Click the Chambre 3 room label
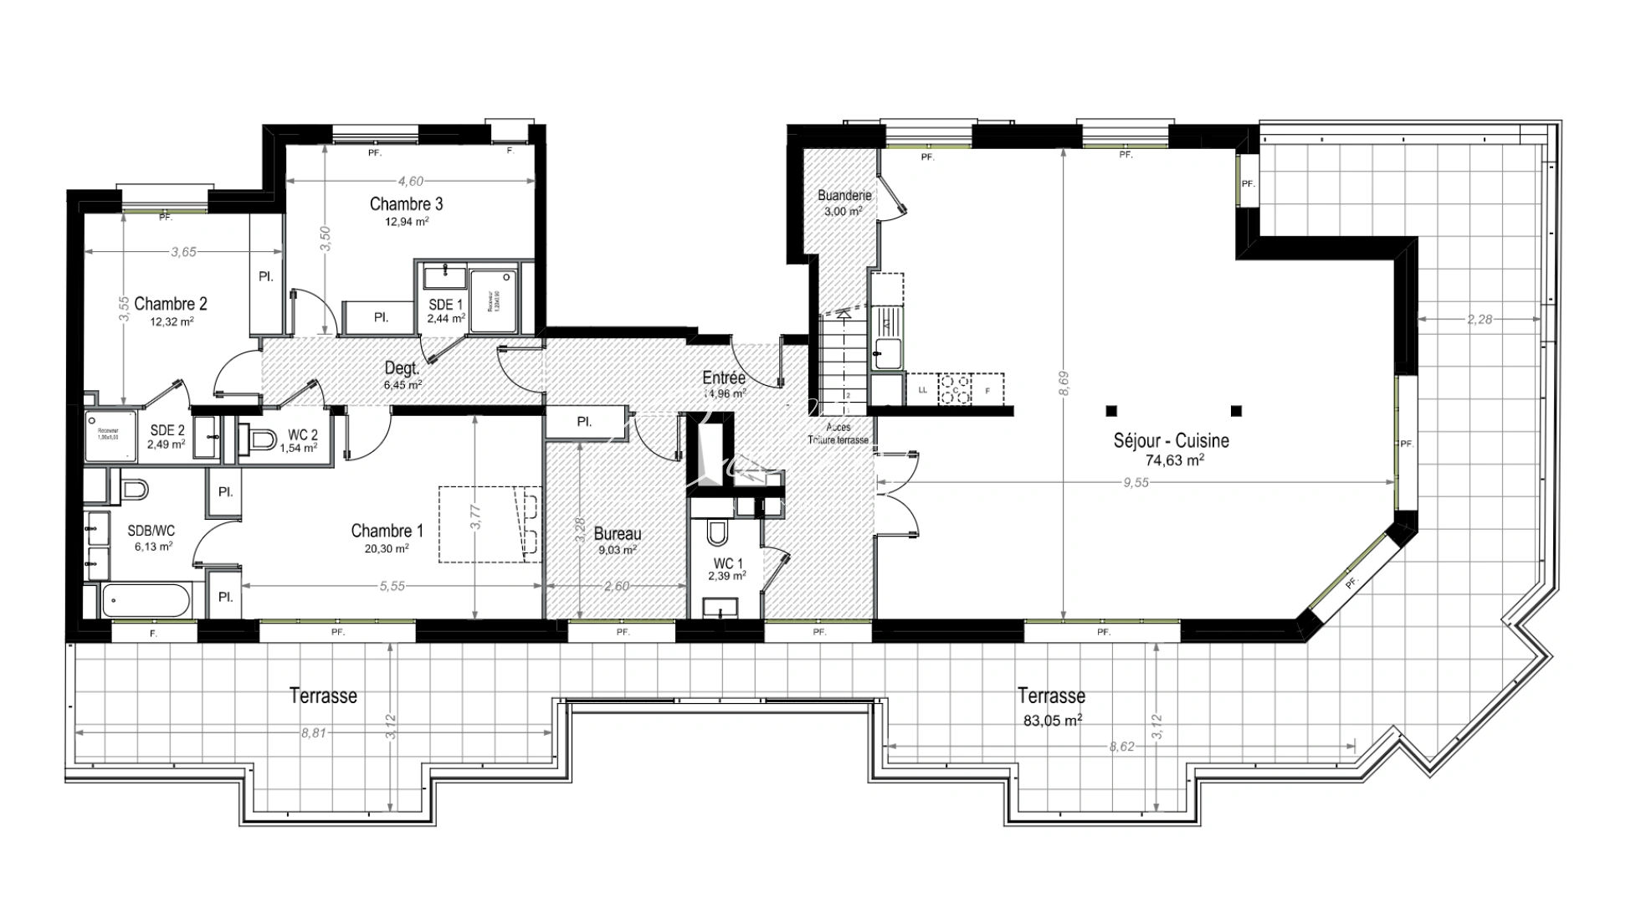pyautogui.click(x=406, y=204)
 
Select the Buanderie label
pyautogui.click(x=844, y=195)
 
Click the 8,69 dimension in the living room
pyautogui.click(x=1063, y=383)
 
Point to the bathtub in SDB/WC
pyautogui.click(x=146, y=600)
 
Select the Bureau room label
pyautogui.click(x=618, y=533)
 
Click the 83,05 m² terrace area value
pyautogui.click(x=1052, y=719)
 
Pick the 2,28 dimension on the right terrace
pyautogui.click(x=1479, y=319)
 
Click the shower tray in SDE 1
pyautogui.click(x=493, y=300)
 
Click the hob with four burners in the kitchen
pyautogui.click(x=955, y=389)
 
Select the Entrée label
pyautogui.click(x=724, y=378)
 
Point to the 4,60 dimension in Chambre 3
pyautogui.click(x=410, y=181)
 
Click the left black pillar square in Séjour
pyautogui.click(x=1110, y=411)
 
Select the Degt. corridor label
pyautogui.click(x=402, y=367)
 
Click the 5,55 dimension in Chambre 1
pyautogui.click(x=392, y=586)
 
